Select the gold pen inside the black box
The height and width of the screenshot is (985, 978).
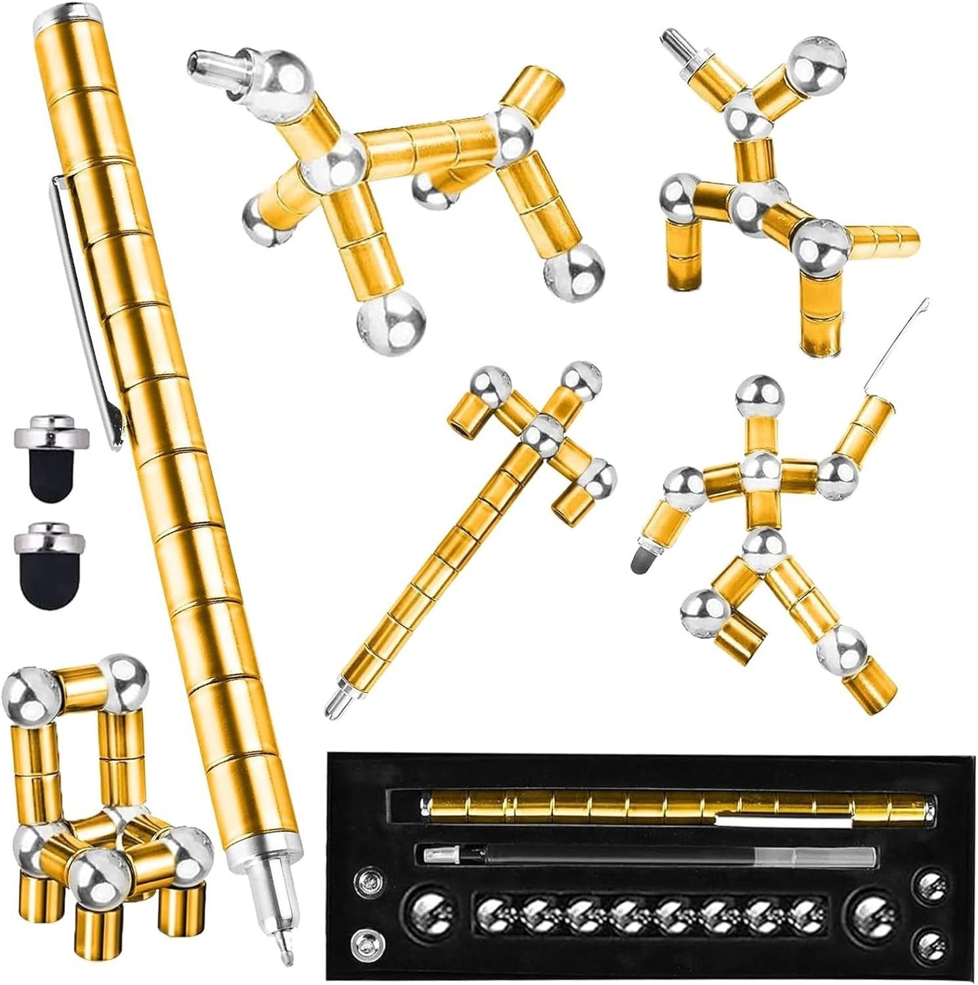[x=677, y=806]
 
